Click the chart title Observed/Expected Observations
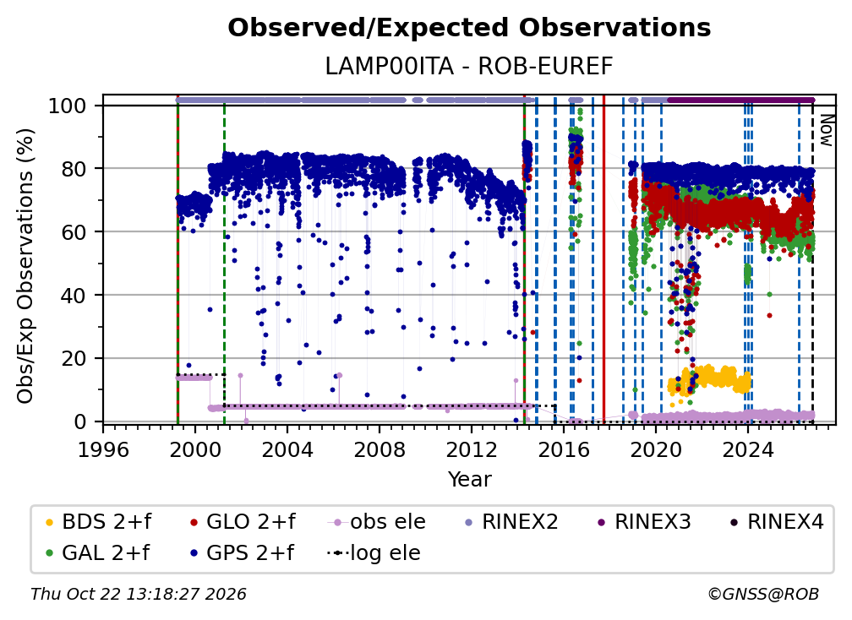pyautogui.click(x=469, y=28)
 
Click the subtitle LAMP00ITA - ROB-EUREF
pyautogui.click(x=469, y=67)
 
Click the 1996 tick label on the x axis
pyautogui.click(x=103, y=449)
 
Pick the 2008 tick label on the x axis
pyautogui.click(x=380, y=449)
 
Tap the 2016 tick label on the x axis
pyautogui.click(x=564, y=449)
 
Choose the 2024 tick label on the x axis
pyautogui.click(x=748, y=449)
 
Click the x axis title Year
pyautogui.click(x=469, y=480)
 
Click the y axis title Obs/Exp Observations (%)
pyautogui.click(x=25, y=266)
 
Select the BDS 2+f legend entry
pyautogui.click(x=98, y=522)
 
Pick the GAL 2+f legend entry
pyautogui.click(x=97, y=553)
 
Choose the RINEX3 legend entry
pyautogui.click(x=644, y=522)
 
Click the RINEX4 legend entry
pyautogui.click(x=777, y=522)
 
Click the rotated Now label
pyautogui.click(x=826, y=130)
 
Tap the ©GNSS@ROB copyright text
pyautogui.click(x=763, y=595)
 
